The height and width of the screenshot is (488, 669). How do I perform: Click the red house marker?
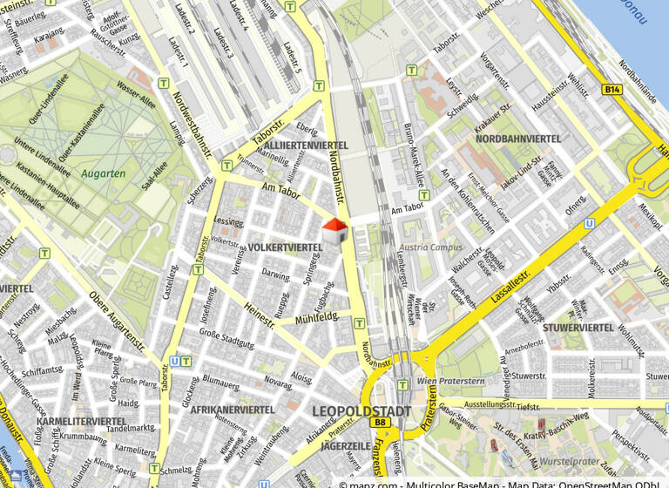(x=335, y=233)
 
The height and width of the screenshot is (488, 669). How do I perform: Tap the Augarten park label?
(x=104, y=173)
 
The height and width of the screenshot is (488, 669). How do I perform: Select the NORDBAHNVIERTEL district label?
(x=518, y=139)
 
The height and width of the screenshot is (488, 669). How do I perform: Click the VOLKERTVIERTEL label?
(x=285, y=247)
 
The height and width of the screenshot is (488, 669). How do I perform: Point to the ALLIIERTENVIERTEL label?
(x=306, y=145)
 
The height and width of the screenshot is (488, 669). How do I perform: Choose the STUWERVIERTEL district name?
(x=578, y=328)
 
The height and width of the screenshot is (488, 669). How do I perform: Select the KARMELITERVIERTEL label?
(x=82, y=421)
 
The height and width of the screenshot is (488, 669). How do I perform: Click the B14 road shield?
(x=612, y=90)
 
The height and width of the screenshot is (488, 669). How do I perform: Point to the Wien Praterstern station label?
(x=449, y=381)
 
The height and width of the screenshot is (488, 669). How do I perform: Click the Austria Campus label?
(x=431, y=247)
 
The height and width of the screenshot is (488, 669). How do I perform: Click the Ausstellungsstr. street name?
(x=489, y=405)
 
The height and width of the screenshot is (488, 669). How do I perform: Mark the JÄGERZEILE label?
(x=346, y=444)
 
